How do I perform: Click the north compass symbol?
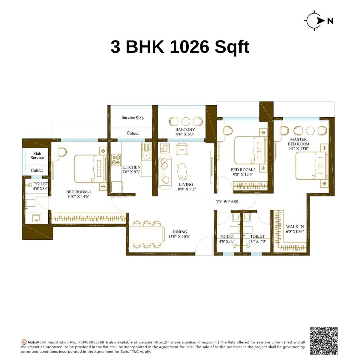click(x=315, y=20)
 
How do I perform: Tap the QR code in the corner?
click(x=324, y=341)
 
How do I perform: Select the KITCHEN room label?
click(x=131, y=167)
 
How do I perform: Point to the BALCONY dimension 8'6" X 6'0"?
click(x=185, y=134)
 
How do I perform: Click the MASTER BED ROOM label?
click(x=298, y=142)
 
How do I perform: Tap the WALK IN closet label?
click(x=295, y=227)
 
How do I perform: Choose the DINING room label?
click(x=180, y=232)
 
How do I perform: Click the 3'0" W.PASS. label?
click(x=227, y=202)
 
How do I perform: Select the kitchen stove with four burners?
click(x=116, y=160)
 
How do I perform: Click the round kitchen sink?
click(x=146, y=155)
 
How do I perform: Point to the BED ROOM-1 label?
click(x=78, y=192)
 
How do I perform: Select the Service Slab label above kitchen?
click(x=132, y=118)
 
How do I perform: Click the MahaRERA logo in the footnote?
click(x=24, y=342)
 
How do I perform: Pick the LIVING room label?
click(x=186, y=184)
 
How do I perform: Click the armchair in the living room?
click(x=182, y=149)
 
